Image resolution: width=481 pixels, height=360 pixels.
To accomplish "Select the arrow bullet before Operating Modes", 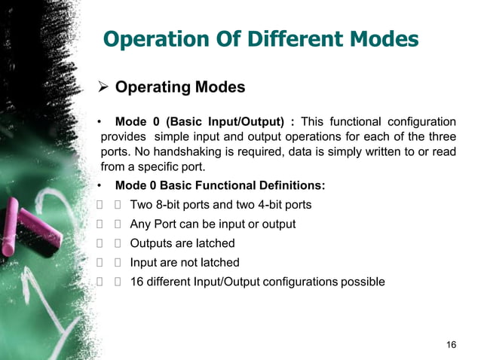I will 105,87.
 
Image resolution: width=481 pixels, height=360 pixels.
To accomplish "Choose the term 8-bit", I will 175,205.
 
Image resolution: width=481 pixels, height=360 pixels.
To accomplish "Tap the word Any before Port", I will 140,224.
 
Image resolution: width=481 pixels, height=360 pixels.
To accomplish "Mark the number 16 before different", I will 137,282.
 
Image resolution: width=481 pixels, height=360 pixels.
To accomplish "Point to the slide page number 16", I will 451,345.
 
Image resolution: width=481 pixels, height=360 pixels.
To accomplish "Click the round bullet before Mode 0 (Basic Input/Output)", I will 100,122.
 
